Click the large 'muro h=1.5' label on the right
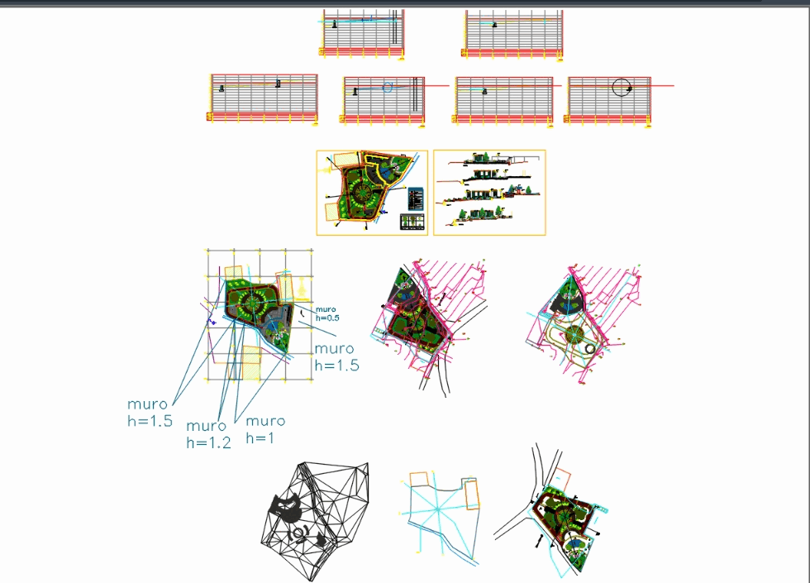pyautogui.click(x=336, y=357)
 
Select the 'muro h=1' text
pyautogui.click(x=264, y=429)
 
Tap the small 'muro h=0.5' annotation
pyautogui.click(x=327, y=313)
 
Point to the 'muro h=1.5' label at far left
pyautogui.click(x=150, y=412)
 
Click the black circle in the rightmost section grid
pyautogui.click(x=622, y=87)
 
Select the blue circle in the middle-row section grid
pyautogui.click(x=387, y=87)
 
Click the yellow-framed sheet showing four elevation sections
pyautogui.click(x=489, y=193)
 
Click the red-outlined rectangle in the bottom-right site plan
pyautogui.click(x=564, y=480)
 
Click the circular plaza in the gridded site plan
pyautogui.click(x=253, y=304)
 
